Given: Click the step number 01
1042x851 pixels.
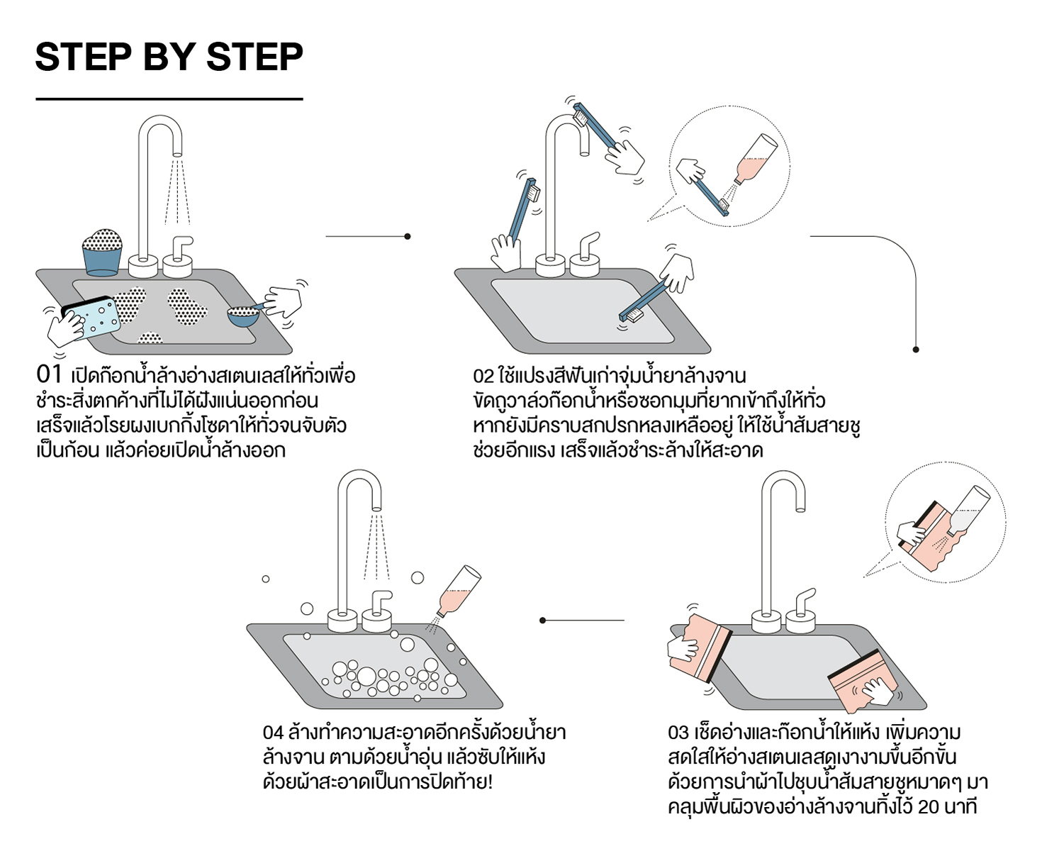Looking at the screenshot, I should click(x=49, y=374).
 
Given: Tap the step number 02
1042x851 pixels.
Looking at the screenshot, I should click(x=483, y=376).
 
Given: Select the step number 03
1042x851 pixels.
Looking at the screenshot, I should click(x=678, y=732).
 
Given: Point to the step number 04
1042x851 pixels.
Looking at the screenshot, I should click(x=272, y=732).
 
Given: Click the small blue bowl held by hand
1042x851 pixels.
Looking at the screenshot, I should click(x=243, y=316).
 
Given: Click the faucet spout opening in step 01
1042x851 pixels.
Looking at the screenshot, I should click(x=177, y=152).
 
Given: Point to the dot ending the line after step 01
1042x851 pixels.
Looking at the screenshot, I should click(x=407, y=236).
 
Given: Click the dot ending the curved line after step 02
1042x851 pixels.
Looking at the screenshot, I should click(x=916, y=350).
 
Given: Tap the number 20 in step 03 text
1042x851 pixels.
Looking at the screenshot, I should click(x=928, y=807).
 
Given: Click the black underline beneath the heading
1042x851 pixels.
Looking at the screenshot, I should click(x=169, y=99).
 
